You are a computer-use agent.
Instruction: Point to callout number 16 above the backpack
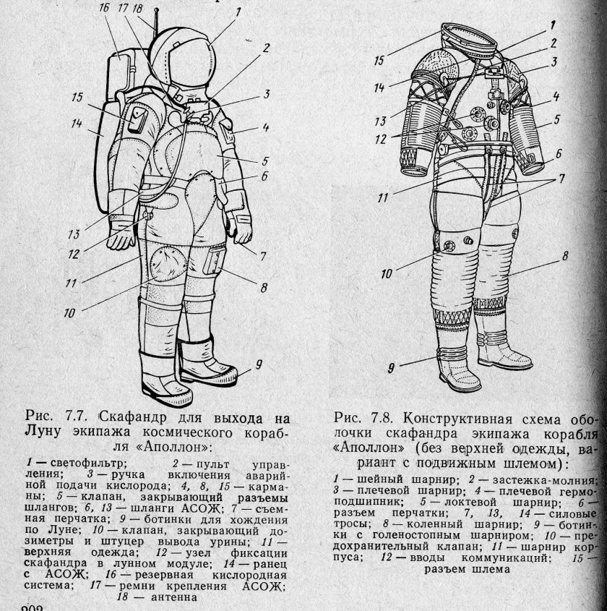(104, 7)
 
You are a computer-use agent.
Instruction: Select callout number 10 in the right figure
(388, 273)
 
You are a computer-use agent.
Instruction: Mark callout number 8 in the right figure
(565, 255)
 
